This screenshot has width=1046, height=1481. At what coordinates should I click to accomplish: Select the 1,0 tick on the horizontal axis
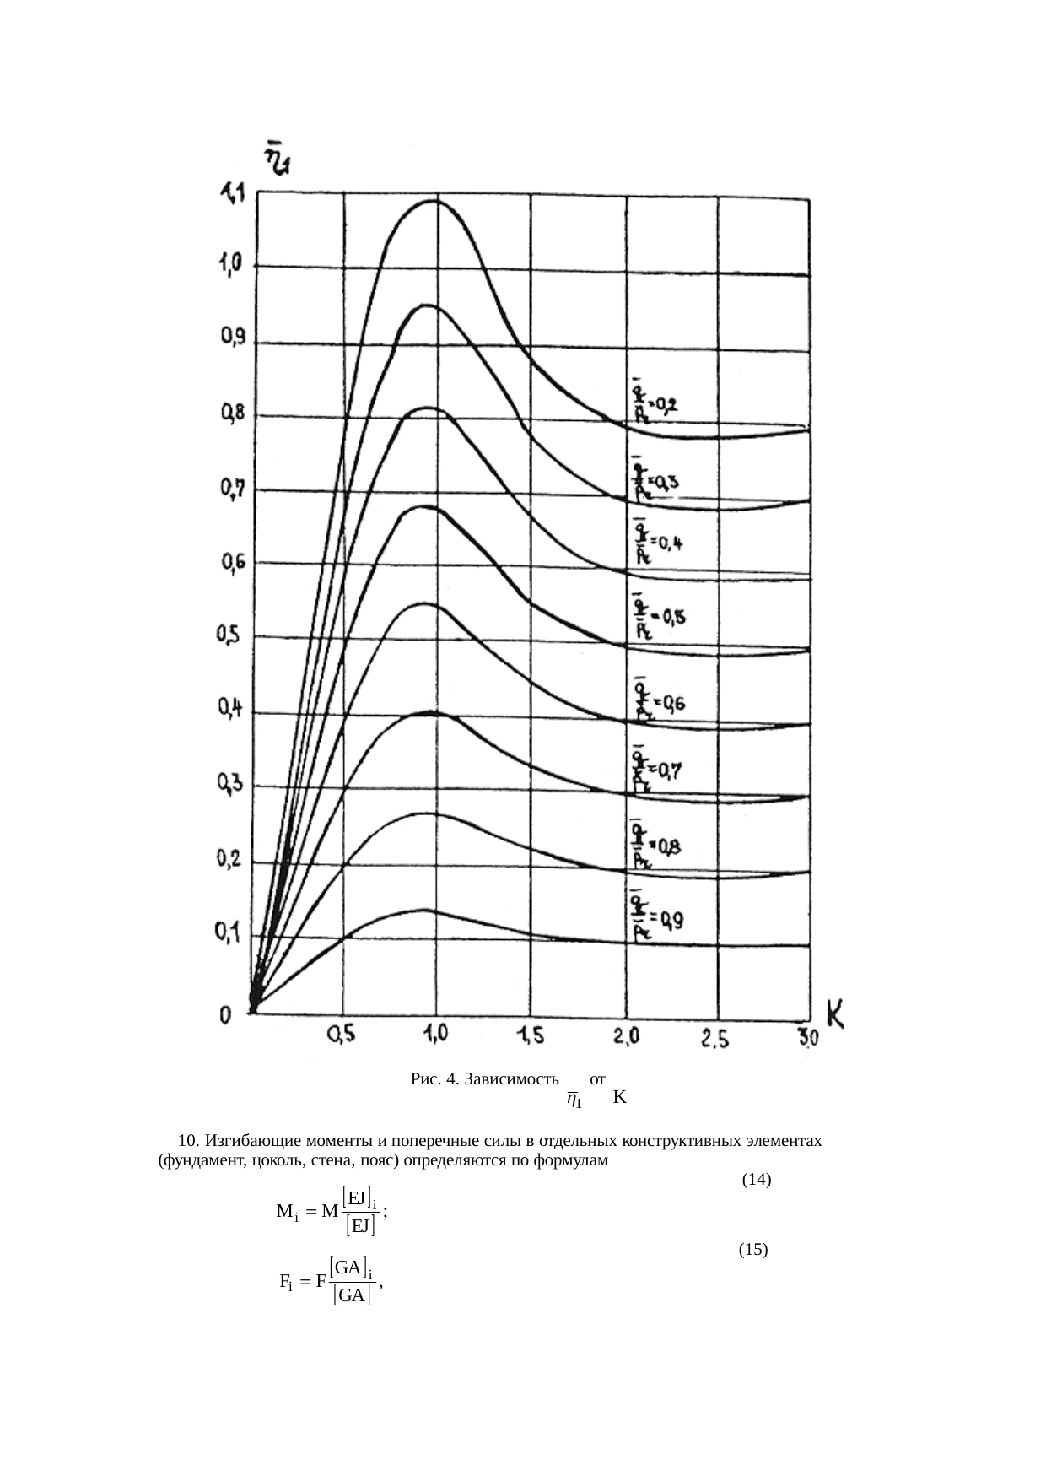(435, 1035)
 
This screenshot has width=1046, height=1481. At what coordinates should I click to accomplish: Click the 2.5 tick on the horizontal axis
(714, 1040)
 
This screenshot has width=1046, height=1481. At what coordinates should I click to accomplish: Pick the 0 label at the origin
(226, 1016)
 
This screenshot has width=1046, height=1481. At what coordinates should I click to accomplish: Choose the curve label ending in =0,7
(656, 770)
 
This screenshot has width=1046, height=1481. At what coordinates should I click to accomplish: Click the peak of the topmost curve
(434, 201)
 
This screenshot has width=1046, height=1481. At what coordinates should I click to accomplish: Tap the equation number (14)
(756, 1180)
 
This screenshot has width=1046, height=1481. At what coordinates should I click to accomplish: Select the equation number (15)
(752, 1250)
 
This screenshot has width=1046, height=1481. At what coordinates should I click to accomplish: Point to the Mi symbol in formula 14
(288, 1213)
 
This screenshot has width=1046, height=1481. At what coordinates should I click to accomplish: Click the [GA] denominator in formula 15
(352, 1295)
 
